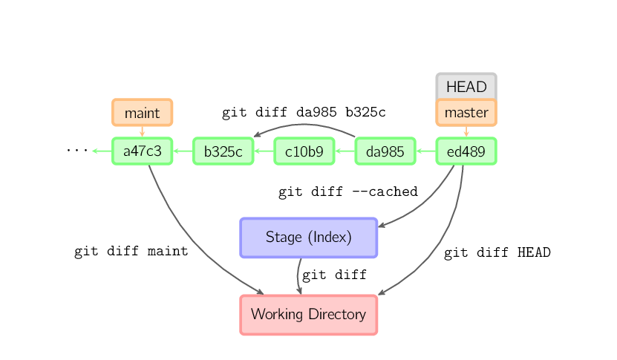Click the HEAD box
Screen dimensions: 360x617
pos(466,87)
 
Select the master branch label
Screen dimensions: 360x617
pos(466,113)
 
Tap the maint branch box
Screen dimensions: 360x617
pos(142,113)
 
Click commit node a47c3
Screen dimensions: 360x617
pos(142,151)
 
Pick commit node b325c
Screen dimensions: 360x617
pos(223,151)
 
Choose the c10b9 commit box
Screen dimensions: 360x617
pos(304,151)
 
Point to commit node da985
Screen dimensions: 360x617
pos(385,151)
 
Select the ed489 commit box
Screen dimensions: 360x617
pos(466,151)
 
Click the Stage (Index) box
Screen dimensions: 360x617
pos(309,238)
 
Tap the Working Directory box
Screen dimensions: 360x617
pos(309,314)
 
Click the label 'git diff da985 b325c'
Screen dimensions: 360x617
pos(304,113)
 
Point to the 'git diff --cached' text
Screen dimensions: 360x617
pos(348,192)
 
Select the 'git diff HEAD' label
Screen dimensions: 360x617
pos(497,252)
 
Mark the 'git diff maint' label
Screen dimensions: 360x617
pos(131,251)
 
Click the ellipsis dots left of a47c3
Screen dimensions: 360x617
pos(76,151)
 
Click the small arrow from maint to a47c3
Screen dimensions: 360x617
pos(142,131)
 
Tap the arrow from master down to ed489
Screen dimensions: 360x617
pos(466,131)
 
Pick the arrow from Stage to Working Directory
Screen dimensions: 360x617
pos(298,276)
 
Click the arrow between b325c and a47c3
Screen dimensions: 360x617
pos(183,151)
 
